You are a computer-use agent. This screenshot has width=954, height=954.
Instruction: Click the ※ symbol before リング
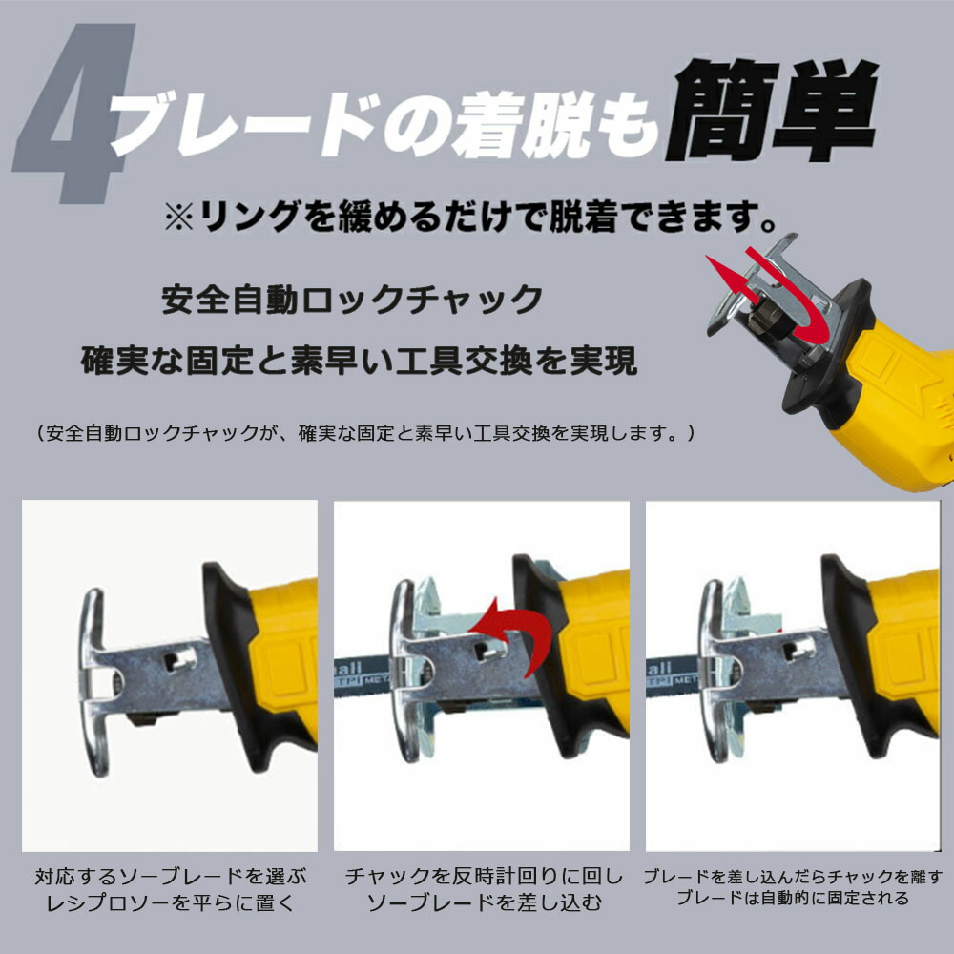click(x=179, y=217)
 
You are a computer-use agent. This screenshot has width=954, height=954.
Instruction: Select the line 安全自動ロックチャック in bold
click(x=352, y=299)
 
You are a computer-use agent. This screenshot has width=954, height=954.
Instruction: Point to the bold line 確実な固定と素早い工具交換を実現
click(x=359, y=360)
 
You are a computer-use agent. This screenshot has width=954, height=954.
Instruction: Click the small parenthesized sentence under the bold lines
click(x=364, y=433)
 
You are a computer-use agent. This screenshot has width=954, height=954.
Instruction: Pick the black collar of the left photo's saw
click(x=240, y=663)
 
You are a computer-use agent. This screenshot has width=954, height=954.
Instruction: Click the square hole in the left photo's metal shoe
click(x=180, y=659)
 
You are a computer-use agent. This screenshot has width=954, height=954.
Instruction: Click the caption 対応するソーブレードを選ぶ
click(x=171, y=877)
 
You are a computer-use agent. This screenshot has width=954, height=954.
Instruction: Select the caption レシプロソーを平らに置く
click(x=171, y=902)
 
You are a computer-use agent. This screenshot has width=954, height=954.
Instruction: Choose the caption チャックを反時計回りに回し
click(x=485, y=876)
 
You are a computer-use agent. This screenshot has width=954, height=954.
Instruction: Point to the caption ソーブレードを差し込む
click(x=485, y=902)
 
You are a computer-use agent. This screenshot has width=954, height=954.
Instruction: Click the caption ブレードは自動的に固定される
click(x=793, y=898)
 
